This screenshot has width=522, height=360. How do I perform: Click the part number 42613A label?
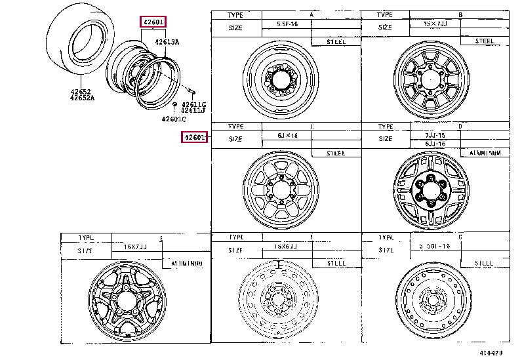click(167, 42)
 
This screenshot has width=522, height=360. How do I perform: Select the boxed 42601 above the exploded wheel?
click(153, 22)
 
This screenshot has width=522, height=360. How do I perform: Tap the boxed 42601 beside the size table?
click(195, 137)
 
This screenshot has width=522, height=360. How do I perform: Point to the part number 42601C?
click(174, 119)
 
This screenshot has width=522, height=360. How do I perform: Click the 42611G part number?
click(193, 104)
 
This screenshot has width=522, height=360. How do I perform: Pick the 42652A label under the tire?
click(83, 98)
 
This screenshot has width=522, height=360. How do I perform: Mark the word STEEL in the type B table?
click(485, 41)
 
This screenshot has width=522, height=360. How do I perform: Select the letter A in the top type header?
click(311, 14)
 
